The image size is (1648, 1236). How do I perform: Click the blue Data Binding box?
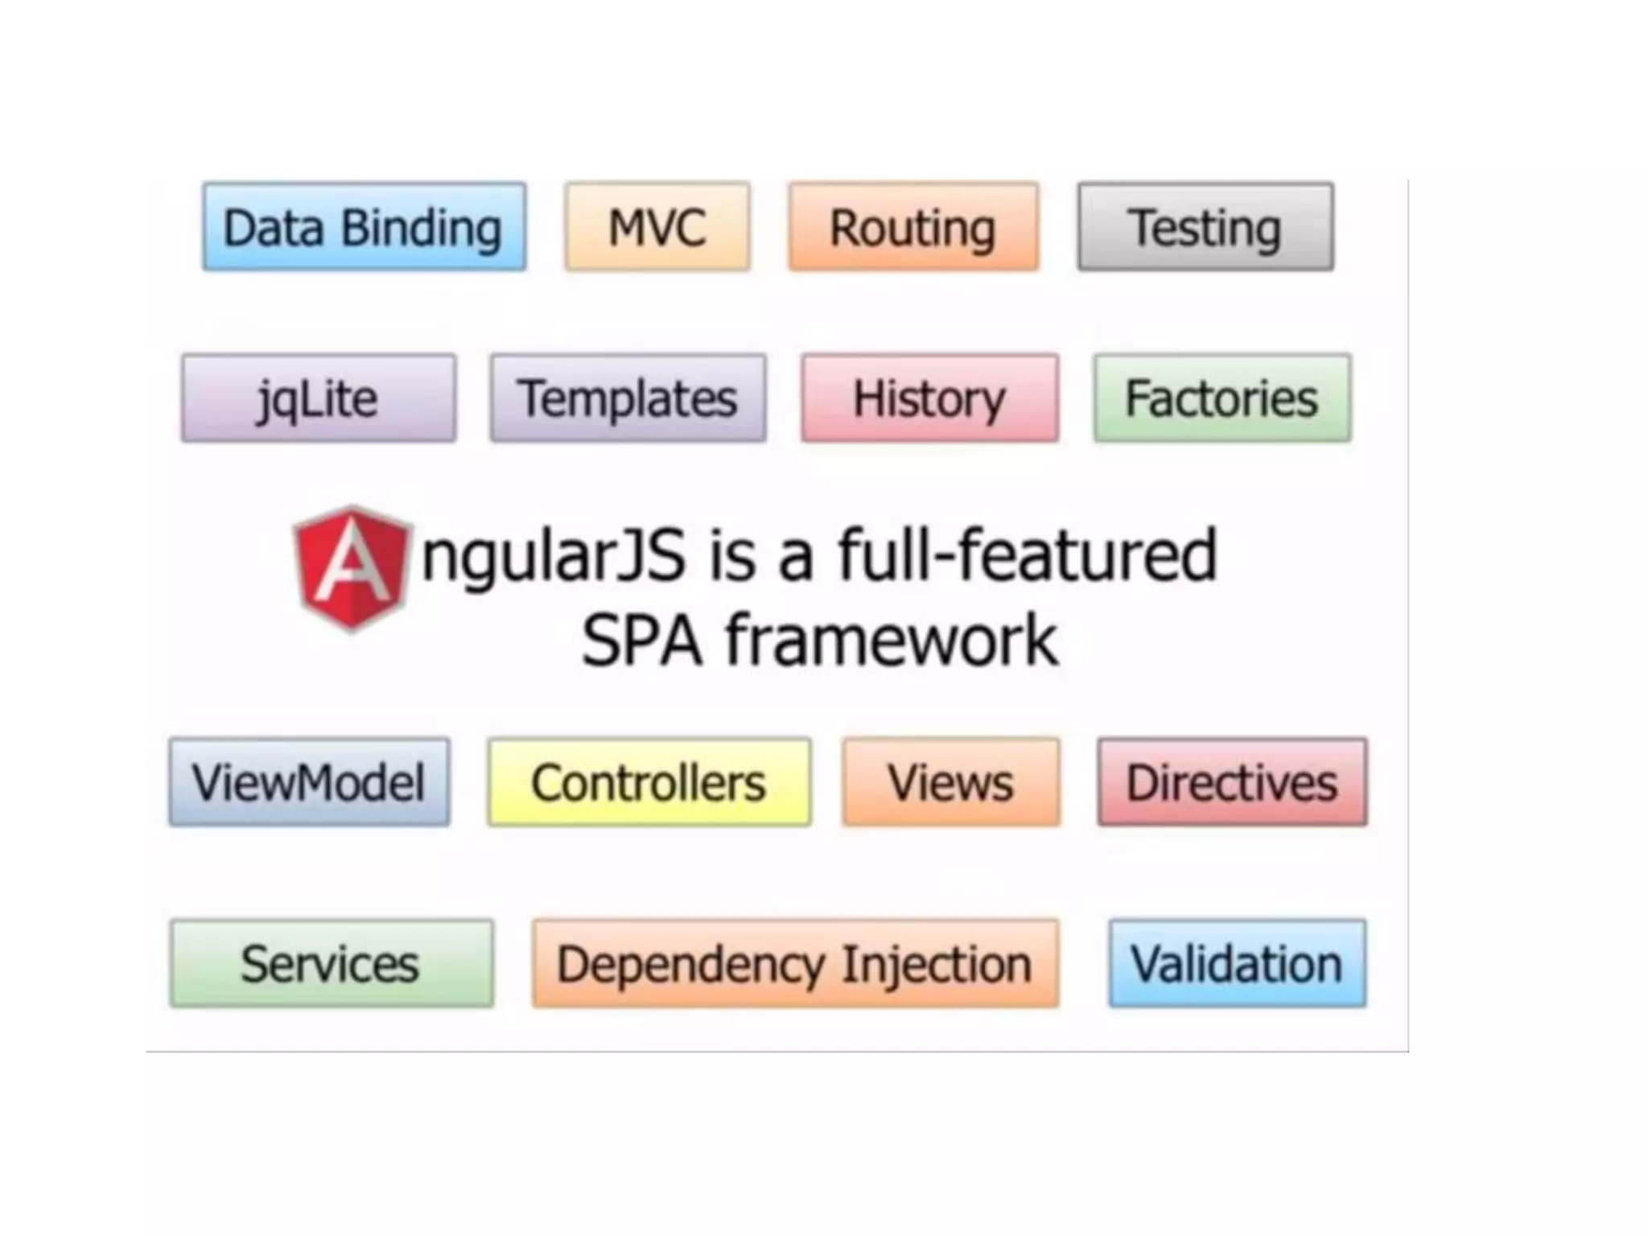(x=364, y=227)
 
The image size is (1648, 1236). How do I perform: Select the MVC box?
(x=657, y=227)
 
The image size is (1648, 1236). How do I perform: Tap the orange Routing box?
(x=913, y=227)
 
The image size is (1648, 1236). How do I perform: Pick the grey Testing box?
(x=1205, y=227)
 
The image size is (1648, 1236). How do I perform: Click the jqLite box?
(x=319, y=398)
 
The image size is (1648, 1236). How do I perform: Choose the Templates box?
(x=628, y=398)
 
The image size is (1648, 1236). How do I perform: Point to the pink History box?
(x=929, y=398)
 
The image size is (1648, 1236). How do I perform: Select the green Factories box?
(x=1222, y=398)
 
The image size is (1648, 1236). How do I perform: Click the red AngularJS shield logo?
(x=352, y=568)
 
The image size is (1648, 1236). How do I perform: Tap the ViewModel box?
(x=309, y=782)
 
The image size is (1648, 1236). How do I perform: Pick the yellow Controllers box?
(x=649, y=782)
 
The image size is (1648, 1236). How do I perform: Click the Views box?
(x=951, y=782)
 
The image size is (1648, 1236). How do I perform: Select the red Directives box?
(x=1232, y=782)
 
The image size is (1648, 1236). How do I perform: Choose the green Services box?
(x=332, y=963)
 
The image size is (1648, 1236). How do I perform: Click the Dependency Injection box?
(x=795, y=963)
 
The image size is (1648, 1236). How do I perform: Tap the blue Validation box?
(x=1237, y=963)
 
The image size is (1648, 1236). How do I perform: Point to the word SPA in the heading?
(x=642, y=641)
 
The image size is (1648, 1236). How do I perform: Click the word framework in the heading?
(x=892, y=641)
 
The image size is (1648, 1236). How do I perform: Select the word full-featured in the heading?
(x=1028, y=555)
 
